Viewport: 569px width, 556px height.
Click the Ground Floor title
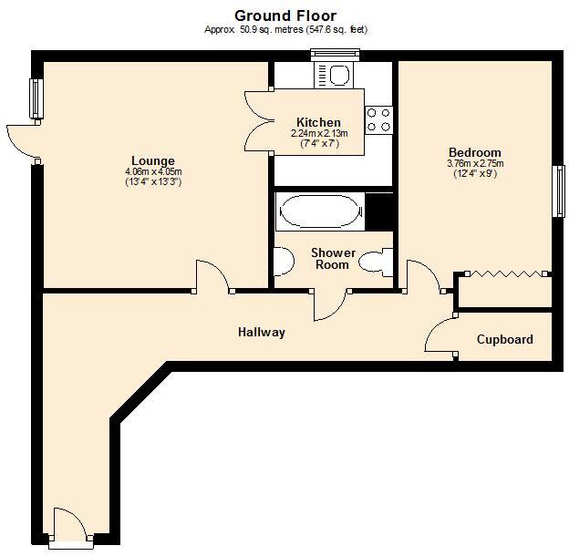pos(284,15)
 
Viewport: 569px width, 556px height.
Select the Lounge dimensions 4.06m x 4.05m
pos(153,172)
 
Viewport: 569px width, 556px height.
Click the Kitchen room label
pos(318,122)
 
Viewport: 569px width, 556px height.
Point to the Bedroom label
pos(474,152)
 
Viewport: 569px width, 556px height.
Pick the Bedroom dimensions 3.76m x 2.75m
pos(474,164)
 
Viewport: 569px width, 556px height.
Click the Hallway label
pos(262,333)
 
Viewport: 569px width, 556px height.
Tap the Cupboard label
pos(504,340)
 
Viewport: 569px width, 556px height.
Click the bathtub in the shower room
pos(320,213)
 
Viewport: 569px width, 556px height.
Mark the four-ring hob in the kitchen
pos(378,119)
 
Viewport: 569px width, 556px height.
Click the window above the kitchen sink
pos(335,54)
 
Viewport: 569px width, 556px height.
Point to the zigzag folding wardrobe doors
pos(504,272)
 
